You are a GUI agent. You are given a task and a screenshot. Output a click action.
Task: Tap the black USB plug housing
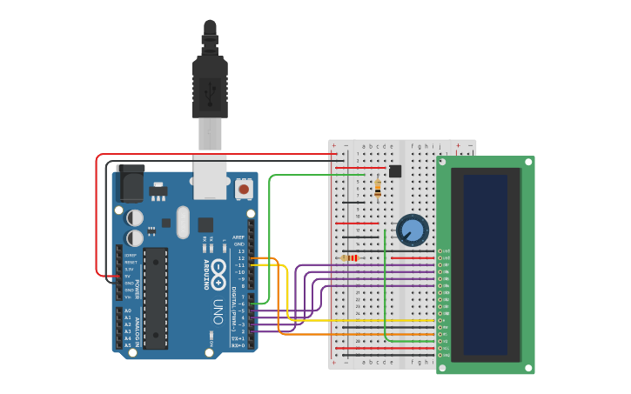click(210, 87)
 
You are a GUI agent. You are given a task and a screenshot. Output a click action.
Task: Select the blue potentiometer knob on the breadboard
click(412, 230)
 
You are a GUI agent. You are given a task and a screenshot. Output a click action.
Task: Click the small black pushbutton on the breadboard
click(395, 171)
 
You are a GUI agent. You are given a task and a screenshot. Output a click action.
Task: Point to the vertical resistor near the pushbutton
click(377, 187)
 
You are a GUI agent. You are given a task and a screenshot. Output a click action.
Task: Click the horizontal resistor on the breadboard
click(351, 258)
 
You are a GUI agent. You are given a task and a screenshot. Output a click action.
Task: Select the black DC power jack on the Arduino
click(130, 183)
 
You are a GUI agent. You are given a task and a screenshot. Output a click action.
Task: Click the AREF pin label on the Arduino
click(238, 237)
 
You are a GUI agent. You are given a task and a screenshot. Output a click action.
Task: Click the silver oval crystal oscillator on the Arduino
click(182, 222)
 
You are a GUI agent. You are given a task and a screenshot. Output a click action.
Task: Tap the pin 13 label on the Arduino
click(241, 250)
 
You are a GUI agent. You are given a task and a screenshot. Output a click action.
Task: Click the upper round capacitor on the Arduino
click(135, 217)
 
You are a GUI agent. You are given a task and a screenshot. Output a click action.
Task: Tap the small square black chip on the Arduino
click(205, 224)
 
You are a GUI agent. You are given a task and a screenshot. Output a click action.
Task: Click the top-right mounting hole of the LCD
click(527, 162)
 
